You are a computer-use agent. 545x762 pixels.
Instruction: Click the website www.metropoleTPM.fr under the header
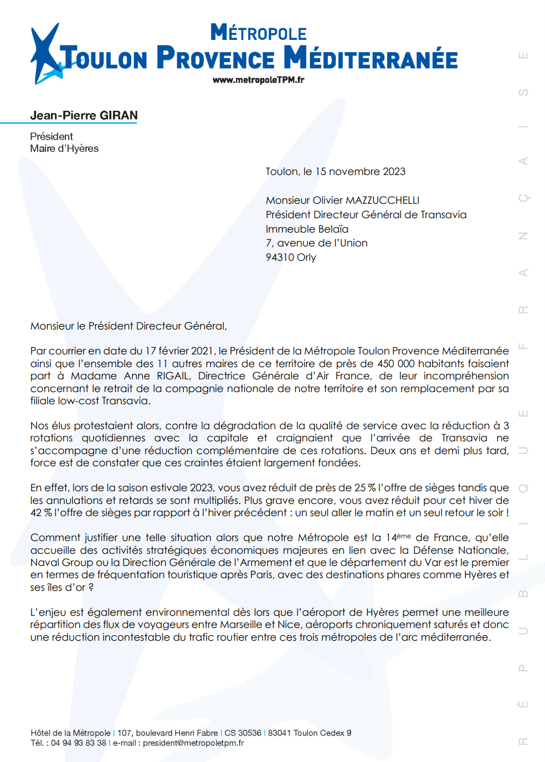(258, 80)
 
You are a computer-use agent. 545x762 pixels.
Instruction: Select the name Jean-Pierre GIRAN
(84, 116)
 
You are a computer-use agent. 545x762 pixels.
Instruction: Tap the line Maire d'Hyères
(64, 148)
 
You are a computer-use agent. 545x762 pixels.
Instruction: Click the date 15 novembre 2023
(360, 172)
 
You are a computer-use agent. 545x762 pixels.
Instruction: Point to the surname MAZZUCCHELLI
(382, 200)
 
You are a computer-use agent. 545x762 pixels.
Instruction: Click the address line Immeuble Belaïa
(307, 229)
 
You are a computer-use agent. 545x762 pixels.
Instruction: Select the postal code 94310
(280, 258)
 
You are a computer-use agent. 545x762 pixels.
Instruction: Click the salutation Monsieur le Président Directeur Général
(128, 326)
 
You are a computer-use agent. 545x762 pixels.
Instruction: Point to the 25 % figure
(365, 488)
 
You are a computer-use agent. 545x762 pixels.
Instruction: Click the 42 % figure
(41, 513)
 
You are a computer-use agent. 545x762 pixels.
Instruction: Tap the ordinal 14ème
(398, 537)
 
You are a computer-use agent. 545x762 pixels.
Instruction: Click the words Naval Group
(61, 563)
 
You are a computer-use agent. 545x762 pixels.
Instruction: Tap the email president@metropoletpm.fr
(193, 743)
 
